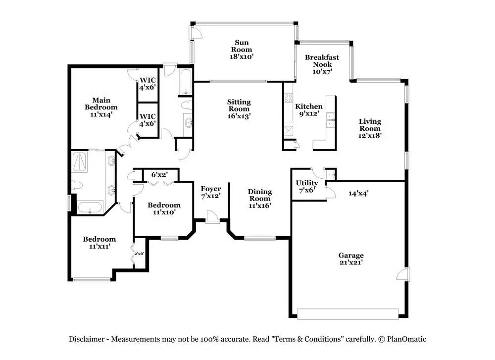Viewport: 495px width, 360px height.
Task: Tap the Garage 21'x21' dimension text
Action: [x=351, y=262]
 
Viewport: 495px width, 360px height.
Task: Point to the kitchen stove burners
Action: [x=288, y=98]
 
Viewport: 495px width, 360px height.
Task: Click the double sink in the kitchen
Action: [x=330, y=120]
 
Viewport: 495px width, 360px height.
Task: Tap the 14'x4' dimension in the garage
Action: [x=358, y=193]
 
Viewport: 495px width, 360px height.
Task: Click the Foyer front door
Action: [x=212, y=217]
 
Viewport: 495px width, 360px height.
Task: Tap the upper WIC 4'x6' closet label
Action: [x=148, y=84]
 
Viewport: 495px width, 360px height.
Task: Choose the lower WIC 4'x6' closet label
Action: [x=148, y=120]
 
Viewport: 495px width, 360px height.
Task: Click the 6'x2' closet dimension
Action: [x=159, y=174]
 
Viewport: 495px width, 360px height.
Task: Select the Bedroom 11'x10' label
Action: [x=164, y=208]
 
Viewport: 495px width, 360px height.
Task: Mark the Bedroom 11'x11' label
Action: [x=99, y=243]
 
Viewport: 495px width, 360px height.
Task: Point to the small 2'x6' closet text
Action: [x=139, y=253]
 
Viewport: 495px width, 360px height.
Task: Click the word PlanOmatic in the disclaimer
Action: [x=406, y=339]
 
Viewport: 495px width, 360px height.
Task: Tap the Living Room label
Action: [x=370, y=128]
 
